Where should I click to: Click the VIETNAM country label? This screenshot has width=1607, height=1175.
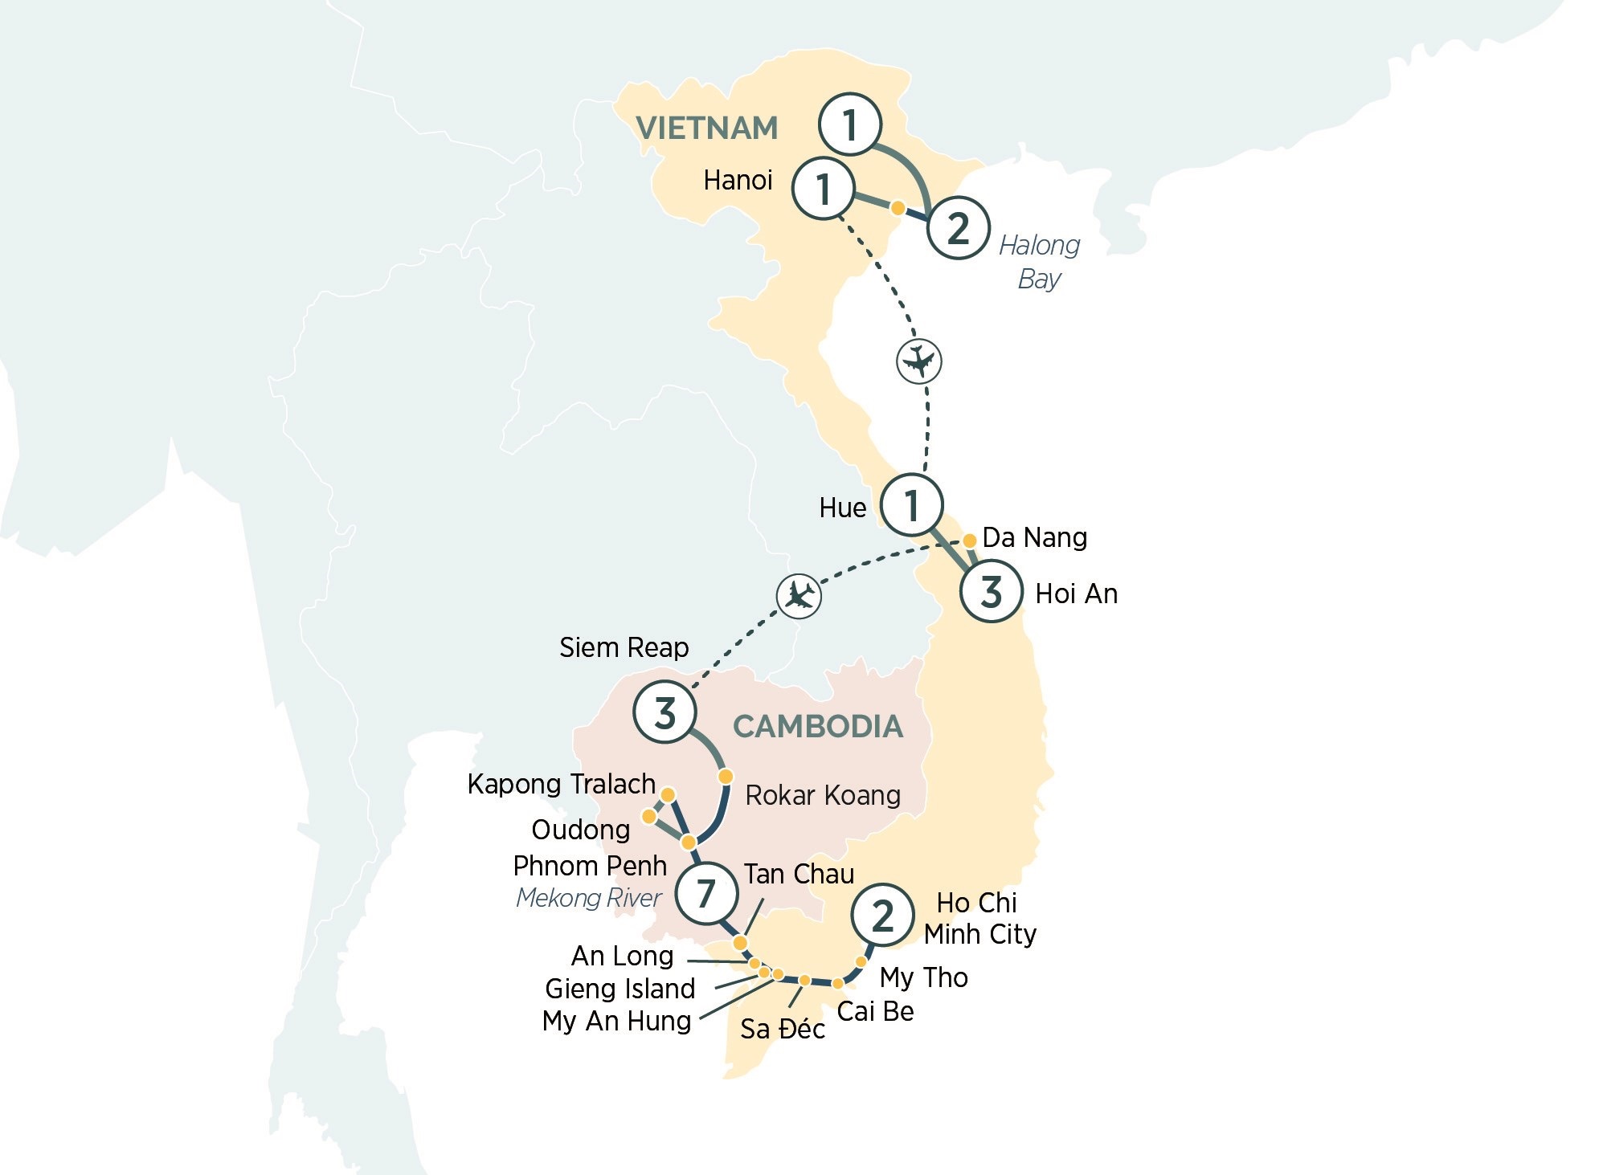pos(706,129)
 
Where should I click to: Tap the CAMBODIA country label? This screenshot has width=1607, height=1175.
pos(817,727)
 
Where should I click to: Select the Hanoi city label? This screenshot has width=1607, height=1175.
pos(738,181)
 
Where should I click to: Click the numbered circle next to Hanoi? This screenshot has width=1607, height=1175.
pos(823,190)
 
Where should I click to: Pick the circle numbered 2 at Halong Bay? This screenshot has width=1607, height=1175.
pos(958,228)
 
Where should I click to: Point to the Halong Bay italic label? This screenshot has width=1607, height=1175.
pos(1039,262)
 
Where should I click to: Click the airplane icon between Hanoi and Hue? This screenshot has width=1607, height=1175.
pos(918,361)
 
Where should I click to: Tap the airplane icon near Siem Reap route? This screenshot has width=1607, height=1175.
pos(799,596)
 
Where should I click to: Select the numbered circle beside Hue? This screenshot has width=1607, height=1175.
pos(911,505)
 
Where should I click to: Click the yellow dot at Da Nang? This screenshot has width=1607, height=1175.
pos(970,541)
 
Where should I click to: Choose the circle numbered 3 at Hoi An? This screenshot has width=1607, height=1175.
pos(992,593)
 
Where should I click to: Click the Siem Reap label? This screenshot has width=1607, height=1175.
pos(624,647)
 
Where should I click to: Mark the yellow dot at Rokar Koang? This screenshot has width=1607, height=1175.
pos(726,777)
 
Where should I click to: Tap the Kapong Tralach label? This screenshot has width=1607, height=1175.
pos(561,784)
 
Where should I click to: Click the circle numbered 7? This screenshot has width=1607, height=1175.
pos(706,893)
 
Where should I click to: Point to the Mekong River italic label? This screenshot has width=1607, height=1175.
pos(588,898)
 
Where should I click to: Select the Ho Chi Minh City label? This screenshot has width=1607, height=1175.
pos(979,919)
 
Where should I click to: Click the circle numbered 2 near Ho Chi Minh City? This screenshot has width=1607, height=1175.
pos(882,916)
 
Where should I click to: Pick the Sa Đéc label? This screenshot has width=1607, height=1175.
pos(782,1029)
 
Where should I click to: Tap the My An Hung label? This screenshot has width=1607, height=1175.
pos(616,1021)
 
